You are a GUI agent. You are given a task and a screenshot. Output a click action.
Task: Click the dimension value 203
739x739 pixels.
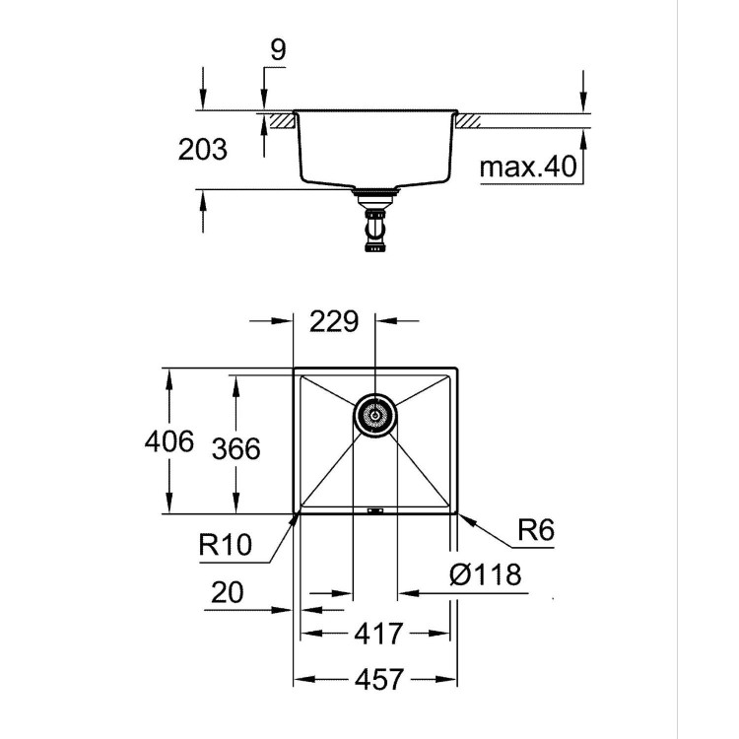(203, 150)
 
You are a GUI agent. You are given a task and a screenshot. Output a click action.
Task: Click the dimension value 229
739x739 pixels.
(334, 322)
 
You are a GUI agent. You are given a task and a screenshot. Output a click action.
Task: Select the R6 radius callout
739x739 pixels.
(535, 532)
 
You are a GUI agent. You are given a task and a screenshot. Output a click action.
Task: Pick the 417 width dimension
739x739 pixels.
(375, 633)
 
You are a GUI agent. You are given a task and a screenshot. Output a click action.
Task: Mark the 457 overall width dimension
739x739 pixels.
(375, 679)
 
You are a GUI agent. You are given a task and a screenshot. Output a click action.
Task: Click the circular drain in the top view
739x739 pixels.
(374, 416)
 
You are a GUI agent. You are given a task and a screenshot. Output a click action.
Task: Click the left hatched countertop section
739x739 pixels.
(282, 121)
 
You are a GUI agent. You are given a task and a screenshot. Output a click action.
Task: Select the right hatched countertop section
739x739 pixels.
(466, 121)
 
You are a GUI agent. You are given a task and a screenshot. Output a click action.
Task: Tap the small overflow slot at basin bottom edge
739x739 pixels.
(374, 510)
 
